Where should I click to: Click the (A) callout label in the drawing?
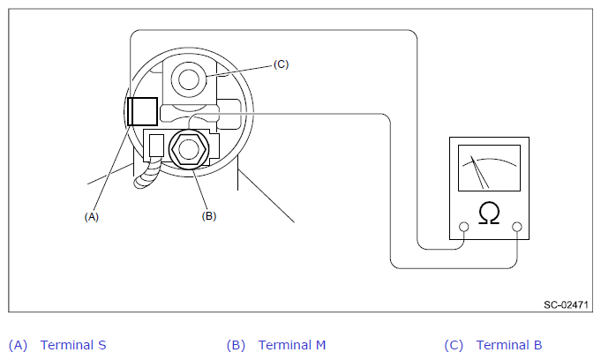click(92, 217)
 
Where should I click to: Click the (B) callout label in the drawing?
click(209, 216)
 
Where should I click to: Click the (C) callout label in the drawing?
click(281, 64)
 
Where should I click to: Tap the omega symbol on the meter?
click(489, 213)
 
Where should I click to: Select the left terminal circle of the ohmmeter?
click(464, 227)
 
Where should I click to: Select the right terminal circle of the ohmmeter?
click(517, 227)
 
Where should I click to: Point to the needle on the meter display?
click(480, 172)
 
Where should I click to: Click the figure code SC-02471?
click(566, 304)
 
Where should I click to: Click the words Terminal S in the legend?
click(73, 345)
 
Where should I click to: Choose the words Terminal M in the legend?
click(292, 345)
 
